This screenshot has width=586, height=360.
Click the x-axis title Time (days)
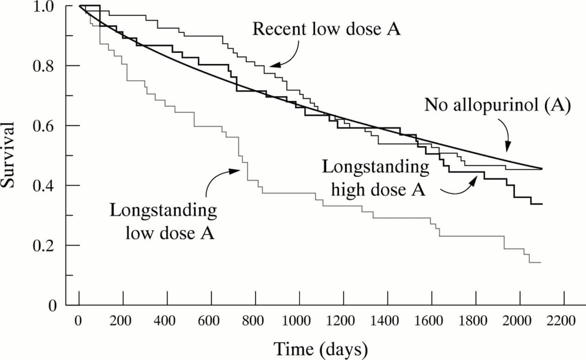[x=320, y=349]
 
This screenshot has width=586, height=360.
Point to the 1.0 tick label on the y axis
[x=47, y=6]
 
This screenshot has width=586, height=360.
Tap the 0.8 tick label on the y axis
[x=47, y=66]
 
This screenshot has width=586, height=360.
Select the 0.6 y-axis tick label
[x=47, y=126]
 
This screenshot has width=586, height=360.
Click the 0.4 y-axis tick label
[x=47, y=186]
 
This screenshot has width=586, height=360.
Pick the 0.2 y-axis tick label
[x=47, y=246]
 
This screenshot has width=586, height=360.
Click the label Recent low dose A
[x=326, y=29]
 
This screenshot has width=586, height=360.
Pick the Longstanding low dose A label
[x=163, y=222]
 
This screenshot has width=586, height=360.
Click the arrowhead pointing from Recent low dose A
[x=272, y=66]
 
